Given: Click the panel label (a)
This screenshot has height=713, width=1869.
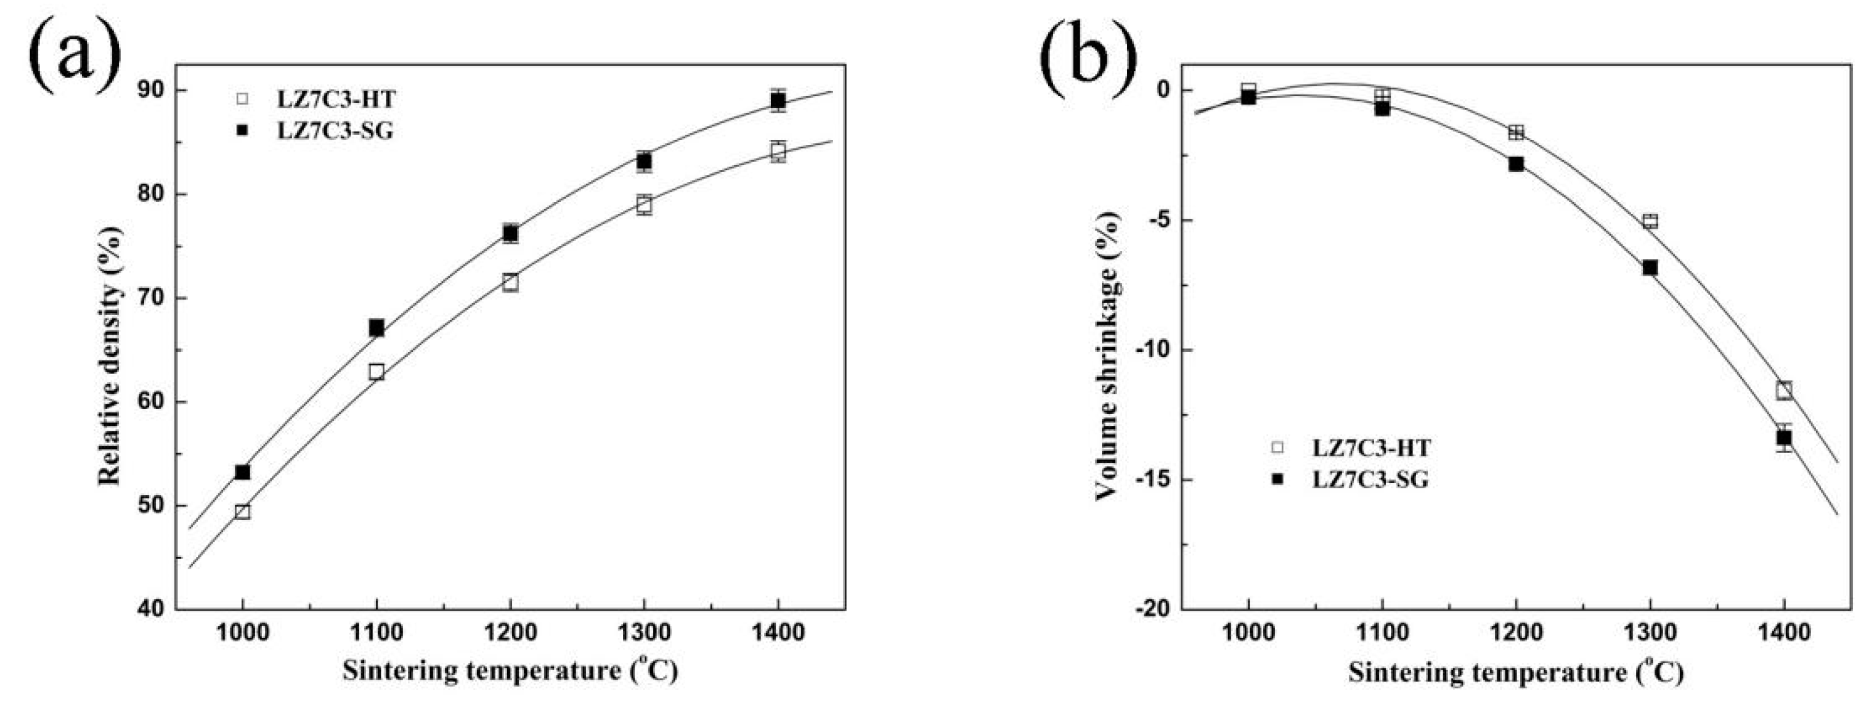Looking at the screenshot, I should coord(73,54).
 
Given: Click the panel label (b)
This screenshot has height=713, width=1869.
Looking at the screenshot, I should coord(1086,54).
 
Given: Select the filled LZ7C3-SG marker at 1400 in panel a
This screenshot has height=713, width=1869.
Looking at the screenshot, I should coord(778,100).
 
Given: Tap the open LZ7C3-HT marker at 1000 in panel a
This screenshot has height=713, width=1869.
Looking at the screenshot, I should coord(242,511).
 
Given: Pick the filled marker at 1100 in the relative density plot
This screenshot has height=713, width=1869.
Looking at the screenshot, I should coord(376,328).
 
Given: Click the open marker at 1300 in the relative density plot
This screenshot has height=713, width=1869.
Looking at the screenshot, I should coord(643,204).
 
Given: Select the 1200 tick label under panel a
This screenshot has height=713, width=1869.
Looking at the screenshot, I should coord(510,632).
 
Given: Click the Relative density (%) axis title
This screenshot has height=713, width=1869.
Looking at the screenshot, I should coord(110,356).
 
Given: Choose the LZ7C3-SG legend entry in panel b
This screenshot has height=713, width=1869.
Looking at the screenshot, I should coord(1370,479).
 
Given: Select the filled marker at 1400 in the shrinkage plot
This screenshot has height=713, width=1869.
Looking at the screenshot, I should coord(1783,438).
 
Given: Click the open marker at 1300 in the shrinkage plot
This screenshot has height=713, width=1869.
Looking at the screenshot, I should coord(1650,221).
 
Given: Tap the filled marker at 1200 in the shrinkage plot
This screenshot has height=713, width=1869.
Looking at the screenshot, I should coord(1516,164).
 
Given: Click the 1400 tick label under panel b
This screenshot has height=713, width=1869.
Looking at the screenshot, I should coord(1783,632).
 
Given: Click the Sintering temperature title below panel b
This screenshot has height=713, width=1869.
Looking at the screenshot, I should coord(1515,672).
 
